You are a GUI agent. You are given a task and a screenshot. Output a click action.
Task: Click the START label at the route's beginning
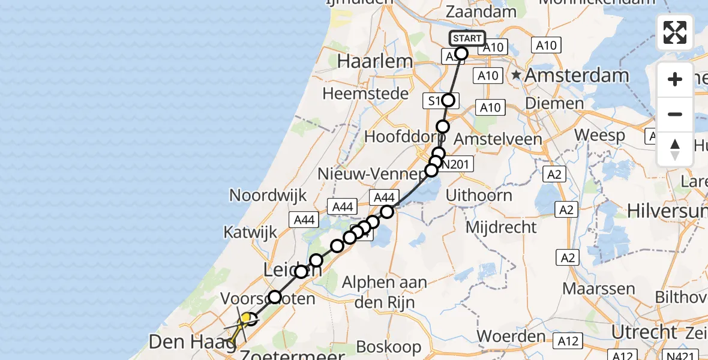pyautogui.click(x=467, y=38)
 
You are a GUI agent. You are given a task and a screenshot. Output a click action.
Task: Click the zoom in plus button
pyautogui.click(x=675, y=79)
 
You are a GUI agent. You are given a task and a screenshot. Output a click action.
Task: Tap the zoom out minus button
pyautogui.click(x=675, y=114)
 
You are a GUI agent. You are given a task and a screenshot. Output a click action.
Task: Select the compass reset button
pyautogui.click(x=675, y=149)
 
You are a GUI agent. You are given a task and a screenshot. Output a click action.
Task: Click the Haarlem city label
pyautogui.click(x=375, y=61)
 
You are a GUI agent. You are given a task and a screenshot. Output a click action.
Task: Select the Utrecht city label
pyautogui.click(x=644, y=332)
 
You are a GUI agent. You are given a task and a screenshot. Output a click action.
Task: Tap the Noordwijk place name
pyautogui.click(x=268, y=196)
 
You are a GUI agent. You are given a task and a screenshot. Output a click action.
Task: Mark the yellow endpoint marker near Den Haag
pyautogui.click(x=245, y=318)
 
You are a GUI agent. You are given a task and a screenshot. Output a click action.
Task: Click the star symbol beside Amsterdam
pyautogui.click(x=516, y=76)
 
